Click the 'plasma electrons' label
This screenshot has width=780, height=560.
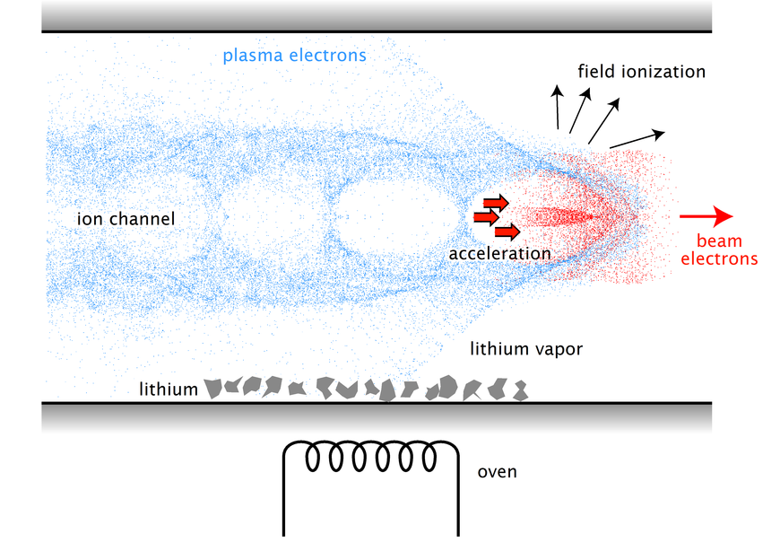294,56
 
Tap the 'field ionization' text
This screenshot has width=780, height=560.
641,72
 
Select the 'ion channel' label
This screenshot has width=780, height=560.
126,219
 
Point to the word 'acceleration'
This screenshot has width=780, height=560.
499,254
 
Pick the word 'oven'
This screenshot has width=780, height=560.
497,471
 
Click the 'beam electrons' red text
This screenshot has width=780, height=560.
719,250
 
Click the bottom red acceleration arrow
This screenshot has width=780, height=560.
507,232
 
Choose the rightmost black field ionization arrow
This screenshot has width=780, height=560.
637,139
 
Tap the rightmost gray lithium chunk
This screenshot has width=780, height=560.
517,389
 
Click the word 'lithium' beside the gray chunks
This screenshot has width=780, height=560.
168,389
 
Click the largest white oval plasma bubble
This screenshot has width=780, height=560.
393,217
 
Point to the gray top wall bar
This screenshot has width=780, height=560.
377,15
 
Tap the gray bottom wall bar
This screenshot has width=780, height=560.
377,417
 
